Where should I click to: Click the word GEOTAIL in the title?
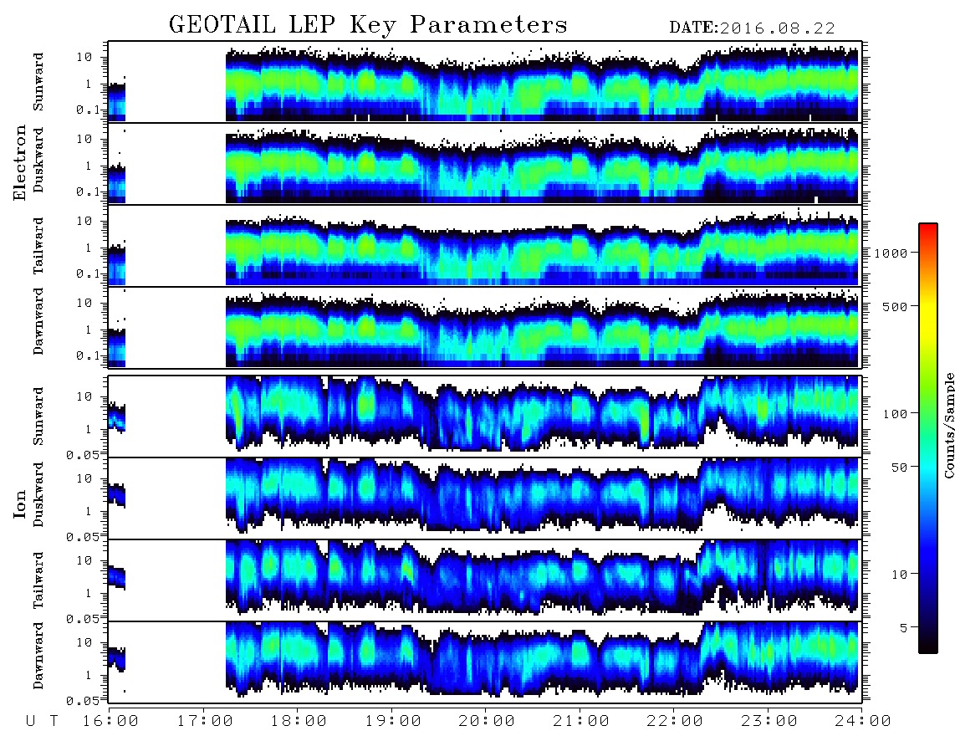222,24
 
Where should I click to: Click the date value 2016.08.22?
777,28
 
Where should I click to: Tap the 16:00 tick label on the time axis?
111,722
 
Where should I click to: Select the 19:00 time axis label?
393,722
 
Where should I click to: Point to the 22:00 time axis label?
675,722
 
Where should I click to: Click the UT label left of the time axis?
42,722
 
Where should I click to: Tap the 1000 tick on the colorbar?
891,253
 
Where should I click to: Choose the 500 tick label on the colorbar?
895,306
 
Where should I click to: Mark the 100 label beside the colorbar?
896,414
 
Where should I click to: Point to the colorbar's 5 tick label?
904,627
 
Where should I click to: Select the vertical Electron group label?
20,163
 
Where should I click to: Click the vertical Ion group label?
20,504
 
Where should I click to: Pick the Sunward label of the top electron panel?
38,82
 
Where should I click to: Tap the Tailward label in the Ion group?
38,580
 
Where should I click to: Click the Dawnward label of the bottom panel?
38,656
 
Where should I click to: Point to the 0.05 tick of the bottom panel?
83,701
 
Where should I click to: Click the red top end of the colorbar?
928,227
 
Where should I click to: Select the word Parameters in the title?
488,24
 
